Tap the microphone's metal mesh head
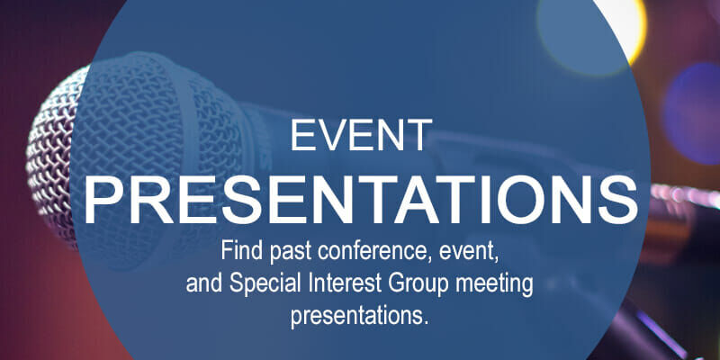pos(67,153)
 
